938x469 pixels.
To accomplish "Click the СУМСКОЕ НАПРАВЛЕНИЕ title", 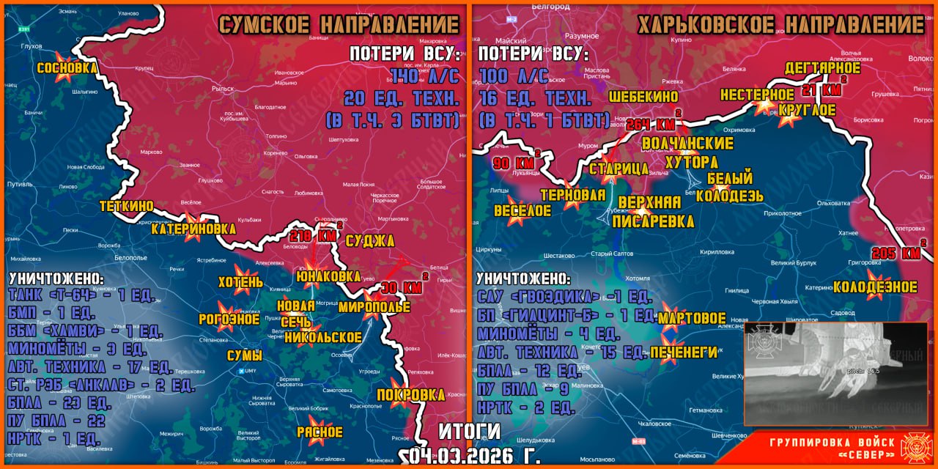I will point(339,24).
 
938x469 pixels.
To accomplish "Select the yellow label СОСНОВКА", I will point(67,67).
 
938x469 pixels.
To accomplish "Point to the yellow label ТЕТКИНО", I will point(127,206).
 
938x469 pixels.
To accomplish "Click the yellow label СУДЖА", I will point(370,241).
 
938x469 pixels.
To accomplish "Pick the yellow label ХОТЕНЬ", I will point(240,282).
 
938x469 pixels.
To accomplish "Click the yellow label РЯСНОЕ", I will point(320,432).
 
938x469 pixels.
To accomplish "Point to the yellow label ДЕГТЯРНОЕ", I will point(822,67).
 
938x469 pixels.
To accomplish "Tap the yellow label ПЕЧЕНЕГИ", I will point(683,352).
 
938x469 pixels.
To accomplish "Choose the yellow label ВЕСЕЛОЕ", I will point(522,210).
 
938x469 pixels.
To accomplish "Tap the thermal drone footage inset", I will point(835,373).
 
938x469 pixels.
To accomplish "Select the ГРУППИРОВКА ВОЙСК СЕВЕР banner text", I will point(832,448).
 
